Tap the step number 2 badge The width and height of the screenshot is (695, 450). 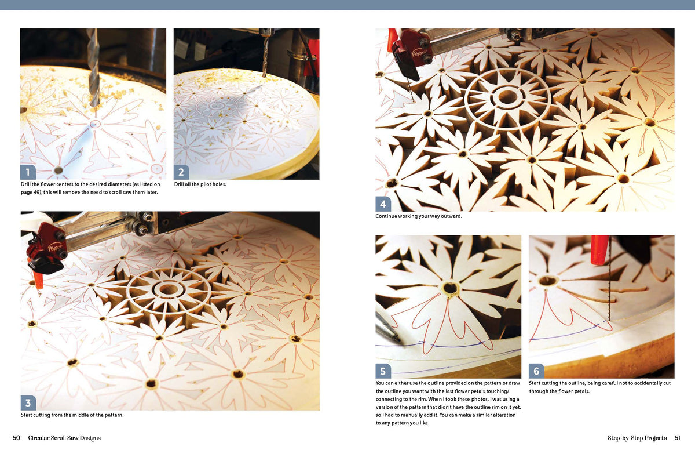coord(181,172)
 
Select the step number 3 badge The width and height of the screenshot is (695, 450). coord(28,402)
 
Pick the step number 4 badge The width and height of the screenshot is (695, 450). coord(383,204)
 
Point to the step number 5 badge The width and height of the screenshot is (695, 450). coord(383,371)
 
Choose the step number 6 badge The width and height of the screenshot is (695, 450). coord(536,371)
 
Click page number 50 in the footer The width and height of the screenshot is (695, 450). coord(17,438)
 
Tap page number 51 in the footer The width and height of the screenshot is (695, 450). coord(676,438)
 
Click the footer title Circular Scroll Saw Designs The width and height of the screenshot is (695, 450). coord(64,438)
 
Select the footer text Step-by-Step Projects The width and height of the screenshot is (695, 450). coord(637,438)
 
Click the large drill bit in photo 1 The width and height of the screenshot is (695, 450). coord(93,70)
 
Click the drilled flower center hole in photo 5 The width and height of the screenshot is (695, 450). coord(450,287)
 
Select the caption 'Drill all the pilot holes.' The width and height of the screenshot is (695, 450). coord(200,184)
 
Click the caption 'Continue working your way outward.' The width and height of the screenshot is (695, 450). coord(419,217)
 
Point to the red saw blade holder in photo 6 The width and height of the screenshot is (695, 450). coord(599,249)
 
